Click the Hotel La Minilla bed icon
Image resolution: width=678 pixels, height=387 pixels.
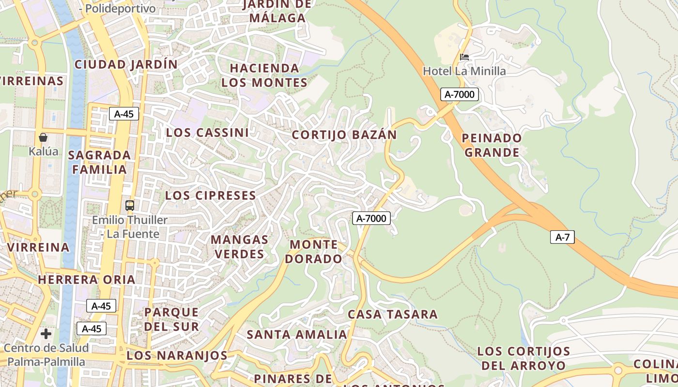(464, 57)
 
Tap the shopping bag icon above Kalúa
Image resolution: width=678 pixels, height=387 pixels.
(43, 137)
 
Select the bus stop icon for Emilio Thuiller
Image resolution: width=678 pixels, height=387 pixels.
(130, 205)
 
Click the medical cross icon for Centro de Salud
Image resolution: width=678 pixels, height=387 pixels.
(46, 334)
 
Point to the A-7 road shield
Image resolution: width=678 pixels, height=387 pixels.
(562, 237)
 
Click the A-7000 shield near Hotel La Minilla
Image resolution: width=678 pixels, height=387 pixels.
(459, 94)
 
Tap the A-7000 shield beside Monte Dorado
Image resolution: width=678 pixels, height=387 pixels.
(371, 218)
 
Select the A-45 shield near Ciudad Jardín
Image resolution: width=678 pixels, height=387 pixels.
(124, 114)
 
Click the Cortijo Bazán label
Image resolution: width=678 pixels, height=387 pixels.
(344, 135)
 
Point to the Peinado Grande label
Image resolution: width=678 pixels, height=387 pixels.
(492, 145)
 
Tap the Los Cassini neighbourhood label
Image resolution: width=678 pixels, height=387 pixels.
(207, 133)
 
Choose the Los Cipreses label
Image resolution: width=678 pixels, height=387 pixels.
(210, 195)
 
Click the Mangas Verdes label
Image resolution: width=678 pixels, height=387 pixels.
(240, 247)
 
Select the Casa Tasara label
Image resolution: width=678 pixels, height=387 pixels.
(393, 314)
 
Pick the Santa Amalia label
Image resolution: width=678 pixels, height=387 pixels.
(297, 334)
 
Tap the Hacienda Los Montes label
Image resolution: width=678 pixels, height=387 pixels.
(264, 75)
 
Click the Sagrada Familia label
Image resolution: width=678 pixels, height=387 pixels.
(100, 162)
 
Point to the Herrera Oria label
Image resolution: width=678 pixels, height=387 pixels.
(87, 280)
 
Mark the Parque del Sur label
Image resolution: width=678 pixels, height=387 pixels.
(171, 319)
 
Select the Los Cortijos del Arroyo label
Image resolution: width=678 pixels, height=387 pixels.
(524, 358)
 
